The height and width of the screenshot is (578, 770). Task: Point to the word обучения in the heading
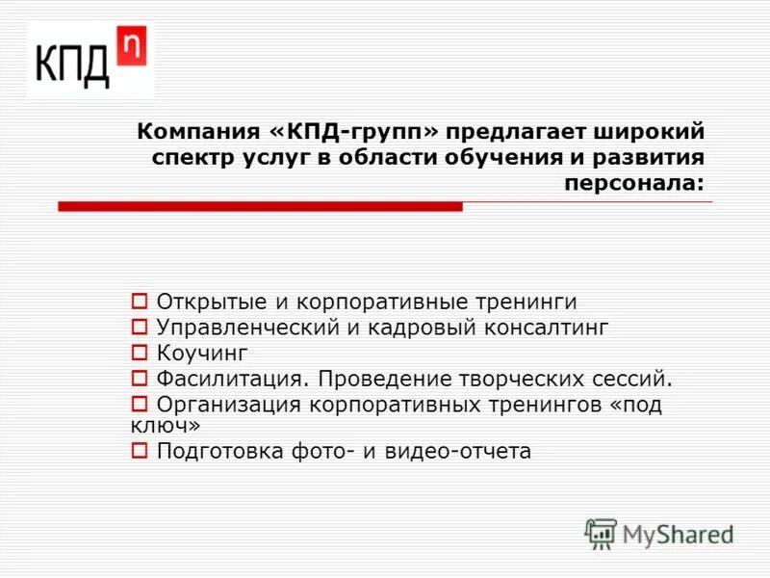coord(497,157)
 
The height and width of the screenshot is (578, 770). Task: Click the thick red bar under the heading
coord(260,206)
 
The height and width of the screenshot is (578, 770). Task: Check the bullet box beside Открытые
coord(139,301)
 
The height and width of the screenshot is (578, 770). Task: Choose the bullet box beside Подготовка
coord(139,449)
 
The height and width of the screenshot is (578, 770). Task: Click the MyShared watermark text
coord(679,533)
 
